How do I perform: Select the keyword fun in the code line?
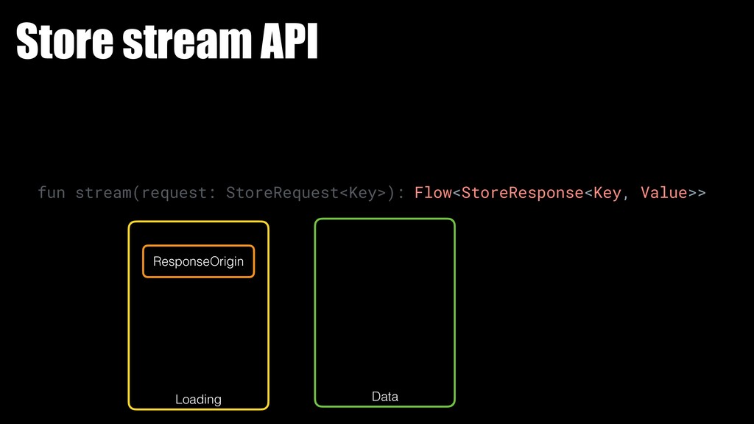[52, 193]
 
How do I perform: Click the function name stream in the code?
[104, 193]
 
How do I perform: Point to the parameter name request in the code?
[175, 193]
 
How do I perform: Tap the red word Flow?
[433, 193]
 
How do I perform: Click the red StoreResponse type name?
[522, 193]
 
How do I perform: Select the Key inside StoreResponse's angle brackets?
[607, 193]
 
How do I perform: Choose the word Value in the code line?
[664, 193]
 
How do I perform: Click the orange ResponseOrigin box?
[198, 261]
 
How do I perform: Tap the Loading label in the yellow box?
[198, 399]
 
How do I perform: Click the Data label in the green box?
[385, 397]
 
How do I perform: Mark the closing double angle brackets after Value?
[697, 193]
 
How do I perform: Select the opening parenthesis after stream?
[136, 193]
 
